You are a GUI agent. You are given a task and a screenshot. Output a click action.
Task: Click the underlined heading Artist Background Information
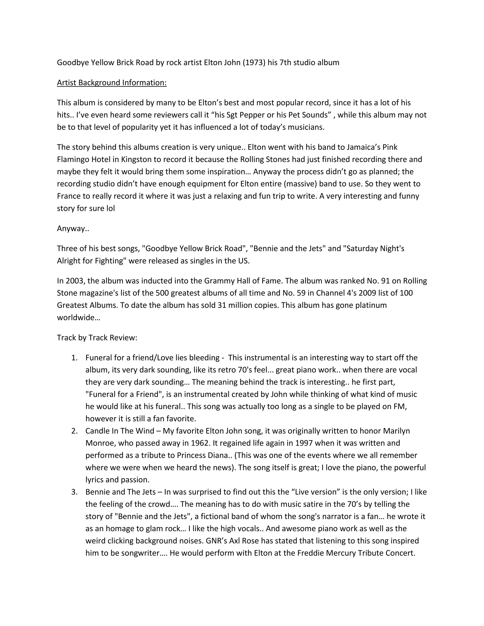pos(112,83)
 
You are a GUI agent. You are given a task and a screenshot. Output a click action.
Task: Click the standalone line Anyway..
pos(73,228)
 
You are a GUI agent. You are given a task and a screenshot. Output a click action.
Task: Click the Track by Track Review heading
pos(97,338)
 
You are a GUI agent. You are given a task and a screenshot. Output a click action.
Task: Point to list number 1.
pos(74,358)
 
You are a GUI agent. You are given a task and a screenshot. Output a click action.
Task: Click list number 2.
pos(74,431)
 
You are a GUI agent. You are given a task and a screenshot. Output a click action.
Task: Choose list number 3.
pos(74,492)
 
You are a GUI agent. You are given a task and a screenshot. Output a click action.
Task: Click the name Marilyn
pos(396,431)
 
